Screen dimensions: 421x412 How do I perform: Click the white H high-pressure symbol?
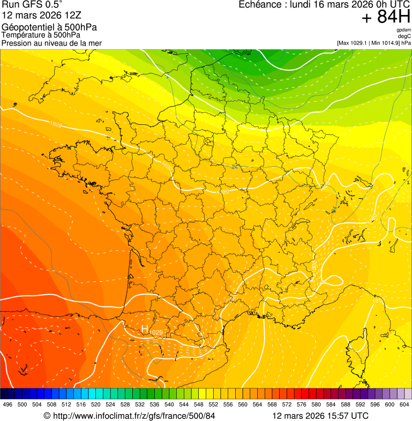[x=144, y=329]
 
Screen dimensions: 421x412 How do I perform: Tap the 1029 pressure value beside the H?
[x=156, y=333]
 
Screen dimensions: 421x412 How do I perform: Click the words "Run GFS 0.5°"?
[x=32, y=5]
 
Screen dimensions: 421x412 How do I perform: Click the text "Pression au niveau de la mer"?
[x=51, y=43]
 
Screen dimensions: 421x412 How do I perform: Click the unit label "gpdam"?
[x=403, y=30]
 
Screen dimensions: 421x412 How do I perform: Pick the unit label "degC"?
[x=405, y=36]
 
